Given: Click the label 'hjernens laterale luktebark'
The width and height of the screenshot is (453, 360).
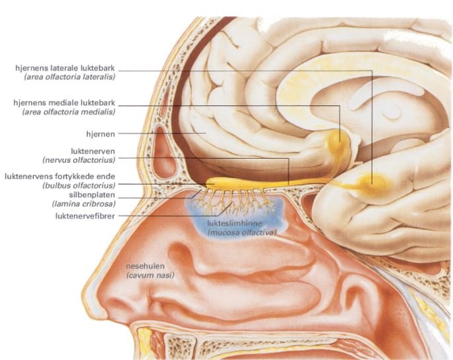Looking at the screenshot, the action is click(65, 68).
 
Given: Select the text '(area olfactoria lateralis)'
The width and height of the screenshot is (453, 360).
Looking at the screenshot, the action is click(69, 77).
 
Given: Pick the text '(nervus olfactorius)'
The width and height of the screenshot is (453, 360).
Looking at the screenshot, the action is click(79, 160).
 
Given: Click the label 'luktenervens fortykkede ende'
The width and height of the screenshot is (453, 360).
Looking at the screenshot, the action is click(60, 177).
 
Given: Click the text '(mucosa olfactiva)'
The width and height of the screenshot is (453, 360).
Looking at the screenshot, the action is click(241, 233).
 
